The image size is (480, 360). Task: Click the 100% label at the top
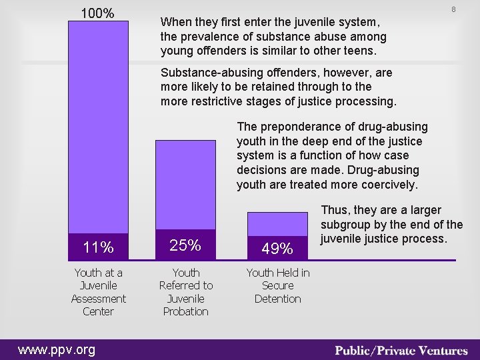coord(97,13)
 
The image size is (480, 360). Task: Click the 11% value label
coord(98,248)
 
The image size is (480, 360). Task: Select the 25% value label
coord(185,245)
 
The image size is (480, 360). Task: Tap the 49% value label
coord(277,249)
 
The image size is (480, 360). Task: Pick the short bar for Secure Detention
coord(277,223)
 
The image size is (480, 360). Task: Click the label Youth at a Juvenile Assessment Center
coord(98,292)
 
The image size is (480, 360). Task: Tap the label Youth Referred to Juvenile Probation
coord(185,292)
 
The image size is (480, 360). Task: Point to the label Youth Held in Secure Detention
coord(277,285)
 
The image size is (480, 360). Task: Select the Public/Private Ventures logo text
coord(402,350)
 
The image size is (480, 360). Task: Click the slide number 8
coord(453,9)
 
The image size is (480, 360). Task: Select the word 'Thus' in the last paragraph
coord(335,210)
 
